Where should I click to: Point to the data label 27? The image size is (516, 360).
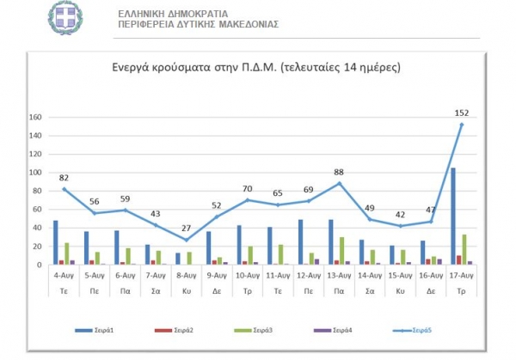(185, 228)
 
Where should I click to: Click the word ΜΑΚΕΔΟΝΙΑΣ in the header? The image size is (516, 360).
(244, 24)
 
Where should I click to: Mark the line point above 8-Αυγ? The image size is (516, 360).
(185, 240)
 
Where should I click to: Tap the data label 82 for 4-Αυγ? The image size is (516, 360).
(63, 178)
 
